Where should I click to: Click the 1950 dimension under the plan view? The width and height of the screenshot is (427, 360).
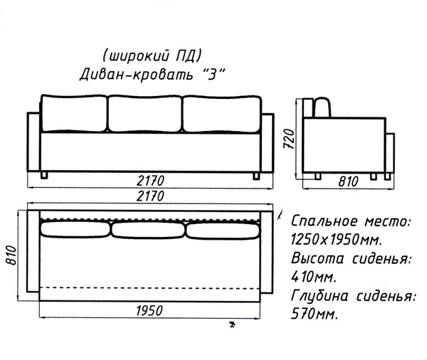click(149, 311)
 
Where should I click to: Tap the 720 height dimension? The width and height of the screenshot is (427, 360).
click(289, 139)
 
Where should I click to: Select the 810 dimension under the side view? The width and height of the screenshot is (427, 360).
click(348, 181)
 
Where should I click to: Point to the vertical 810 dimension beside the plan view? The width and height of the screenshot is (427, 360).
click(11, 255)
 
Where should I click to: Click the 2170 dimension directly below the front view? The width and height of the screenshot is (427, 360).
click(150, 181)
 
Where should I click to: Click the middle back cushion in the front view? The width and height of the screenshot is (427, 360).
click(144, 114)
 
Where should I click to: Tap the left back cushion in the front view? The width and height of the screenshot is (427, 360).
click(74, 113)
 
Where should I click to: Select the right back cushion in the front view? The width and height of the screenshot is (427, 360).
click(222, 115)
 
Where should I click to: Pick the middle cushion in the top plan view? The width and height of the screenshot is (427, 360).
click(148, 230)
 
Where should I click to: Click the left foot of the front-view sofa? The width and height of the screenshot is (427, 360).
click(44, 175)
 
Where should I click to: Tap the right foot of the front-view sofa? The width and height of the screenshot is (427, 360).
click(256, 176)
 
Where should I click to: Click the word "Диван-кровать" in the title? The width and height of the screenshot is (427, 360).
click(136, 74)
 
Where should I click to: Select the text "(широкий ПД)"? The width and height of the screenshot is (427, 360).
click(152, 55)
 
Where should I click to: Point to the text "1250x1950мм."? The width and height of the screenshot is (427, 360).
click(337, 240)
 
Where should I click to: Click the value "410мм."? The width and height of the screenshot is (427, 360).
click(314, 277)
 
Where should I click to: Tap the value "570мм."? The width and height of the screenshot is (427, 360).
click(315, 314)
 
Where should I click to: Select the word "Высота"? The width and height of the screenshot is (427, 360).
click(317, 258)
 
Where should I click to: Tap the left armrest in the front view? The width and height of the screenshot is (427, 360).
click(33, 142)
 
